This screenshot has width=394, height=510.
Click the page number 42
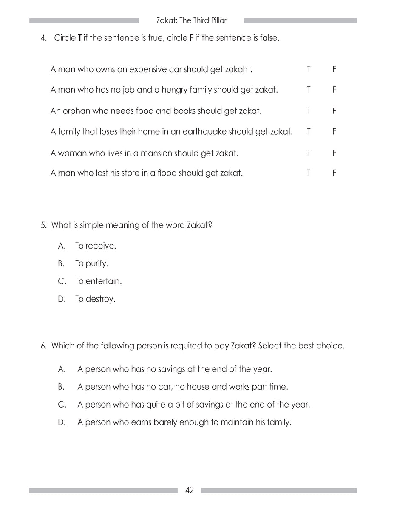click(x=190, y=490)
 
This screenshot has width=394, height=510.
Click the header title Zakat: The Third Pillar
click(x=191, y=20)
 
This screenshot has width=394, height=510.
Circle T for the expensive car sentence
click(x=309, y=69)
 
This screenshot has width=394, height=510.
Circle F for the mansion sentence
click(x=334, y=153)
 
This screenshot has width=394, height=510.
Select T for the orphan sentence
click(x=309, y=111)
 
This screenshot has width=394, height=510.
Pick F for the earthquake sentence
click(x=334, y=132)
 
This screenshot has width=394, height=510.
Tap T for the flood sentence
click(x=309, y=173)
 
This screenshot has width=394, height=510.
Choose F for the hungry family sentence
click(x=334, y=90)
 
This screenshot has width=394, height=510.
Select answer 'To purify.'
click(x=91, y=263)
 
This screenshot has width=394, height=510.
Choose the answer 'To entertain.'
click(x=98, y=281)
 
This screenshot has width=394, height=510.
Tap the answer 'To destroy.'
click(x=95, y=299)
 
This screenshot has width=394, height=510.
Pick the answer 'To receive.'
click(x=95, y=246)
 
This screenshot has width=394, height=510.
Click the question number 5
click(x=43, y=225)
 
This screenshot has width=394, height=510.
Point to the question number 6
click(x=43, y=346)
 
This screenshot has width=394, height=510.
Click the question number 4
click(x=43, y=38)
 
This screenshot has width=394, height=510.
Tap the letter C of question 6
click(x=62, y=405)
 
